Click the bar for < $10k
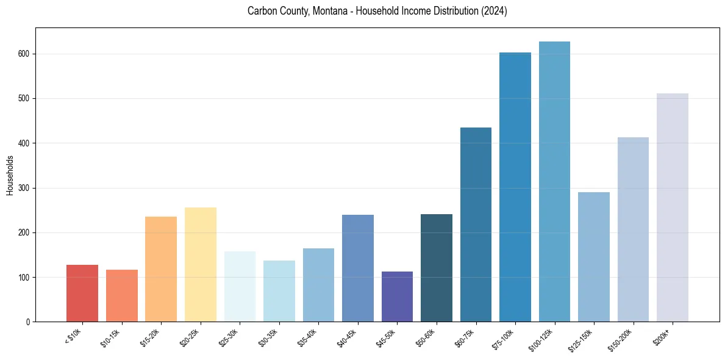pos(82,293)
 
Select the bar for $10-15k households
pos(122,296)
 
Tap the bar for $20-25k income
pos(201,265)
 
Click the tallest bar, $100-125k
pos(554,182)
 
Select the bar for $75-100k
pos(515,187)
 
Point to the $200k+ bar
pos(672,207)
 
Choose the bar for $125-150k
pos(593,257)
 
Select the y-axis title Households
pos(10,175)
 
